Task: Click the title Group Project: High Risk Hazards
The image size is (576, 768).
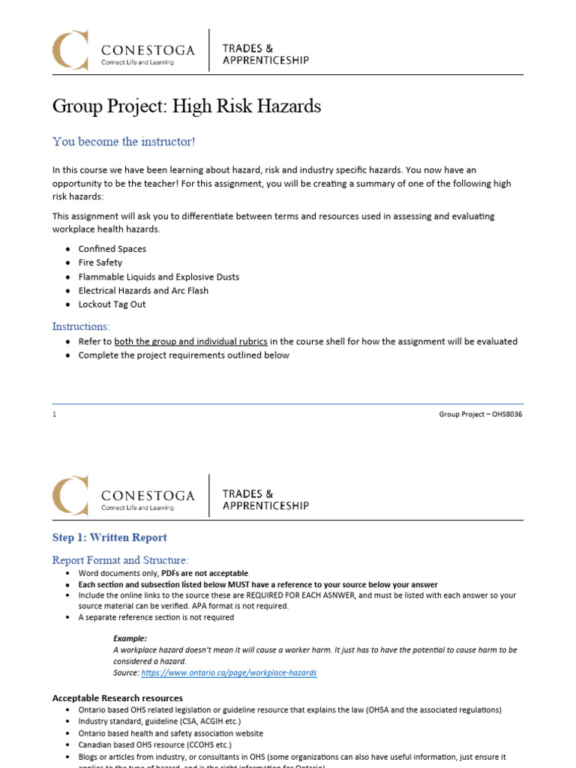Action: (187, 106)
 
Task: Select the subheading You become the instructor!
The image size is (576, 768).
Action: (124, 142)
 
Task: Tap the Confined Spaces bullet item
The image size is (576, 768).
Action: (112, 249)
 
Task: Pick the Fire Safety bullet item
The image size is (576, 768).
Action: (100, 262)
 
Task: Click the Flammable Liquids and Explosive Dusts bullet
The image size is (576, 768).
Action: (159, 277)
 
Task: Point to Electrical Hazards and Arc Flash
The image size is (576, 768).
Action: (143, 290)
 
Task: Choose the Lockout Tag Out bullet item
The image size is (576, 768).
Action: (112, 304)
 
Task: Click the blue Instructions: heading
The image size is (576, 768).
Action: (81, 326)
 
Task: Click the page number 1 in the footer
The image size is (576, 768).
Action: (55, 415)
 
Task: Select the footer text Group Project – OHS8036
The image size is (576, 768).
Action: (481, 415)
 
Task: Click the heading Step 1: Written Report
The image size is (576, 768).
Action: (109, 537)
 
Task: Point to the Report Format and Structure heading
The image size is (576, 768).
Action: (120, 560)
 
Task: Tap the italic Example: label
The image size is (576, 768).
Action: (130, 638)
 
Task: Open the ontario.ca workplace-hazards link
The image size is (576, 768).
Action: (229, 673)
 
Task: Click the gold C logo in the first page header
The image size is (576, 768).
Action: (70, 49)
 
